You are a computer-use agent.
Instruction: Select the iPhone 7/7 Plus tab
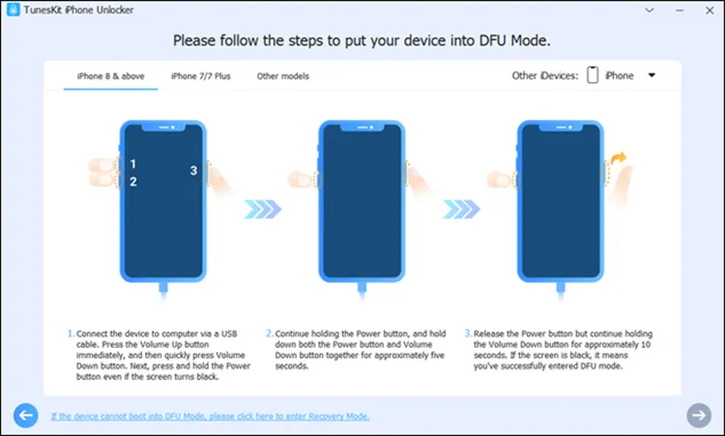pos(201,75)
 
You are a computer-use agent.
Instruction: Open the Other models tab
pos(282,75)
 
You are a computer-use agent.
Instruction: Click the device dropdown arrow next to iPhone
pos(652,74)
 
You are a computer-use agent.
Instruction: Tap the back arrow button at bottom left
pos(26,415)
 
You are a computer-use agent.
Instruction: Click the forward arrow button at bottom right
pos(698,415)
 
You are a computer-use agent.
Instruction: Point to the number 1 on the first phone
pos(133,164)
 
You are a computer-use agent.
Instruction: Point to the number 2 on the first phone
pos(133,182)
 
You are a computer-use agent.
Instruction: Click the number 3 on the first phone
pos(193,171)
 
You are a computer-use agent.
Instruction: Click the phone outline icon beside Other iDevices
pos(593,75)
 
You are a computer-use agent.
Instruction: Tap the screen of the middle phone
pos(362,203)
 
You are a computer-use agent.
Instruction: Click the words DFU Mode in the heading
pos(521,42)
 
